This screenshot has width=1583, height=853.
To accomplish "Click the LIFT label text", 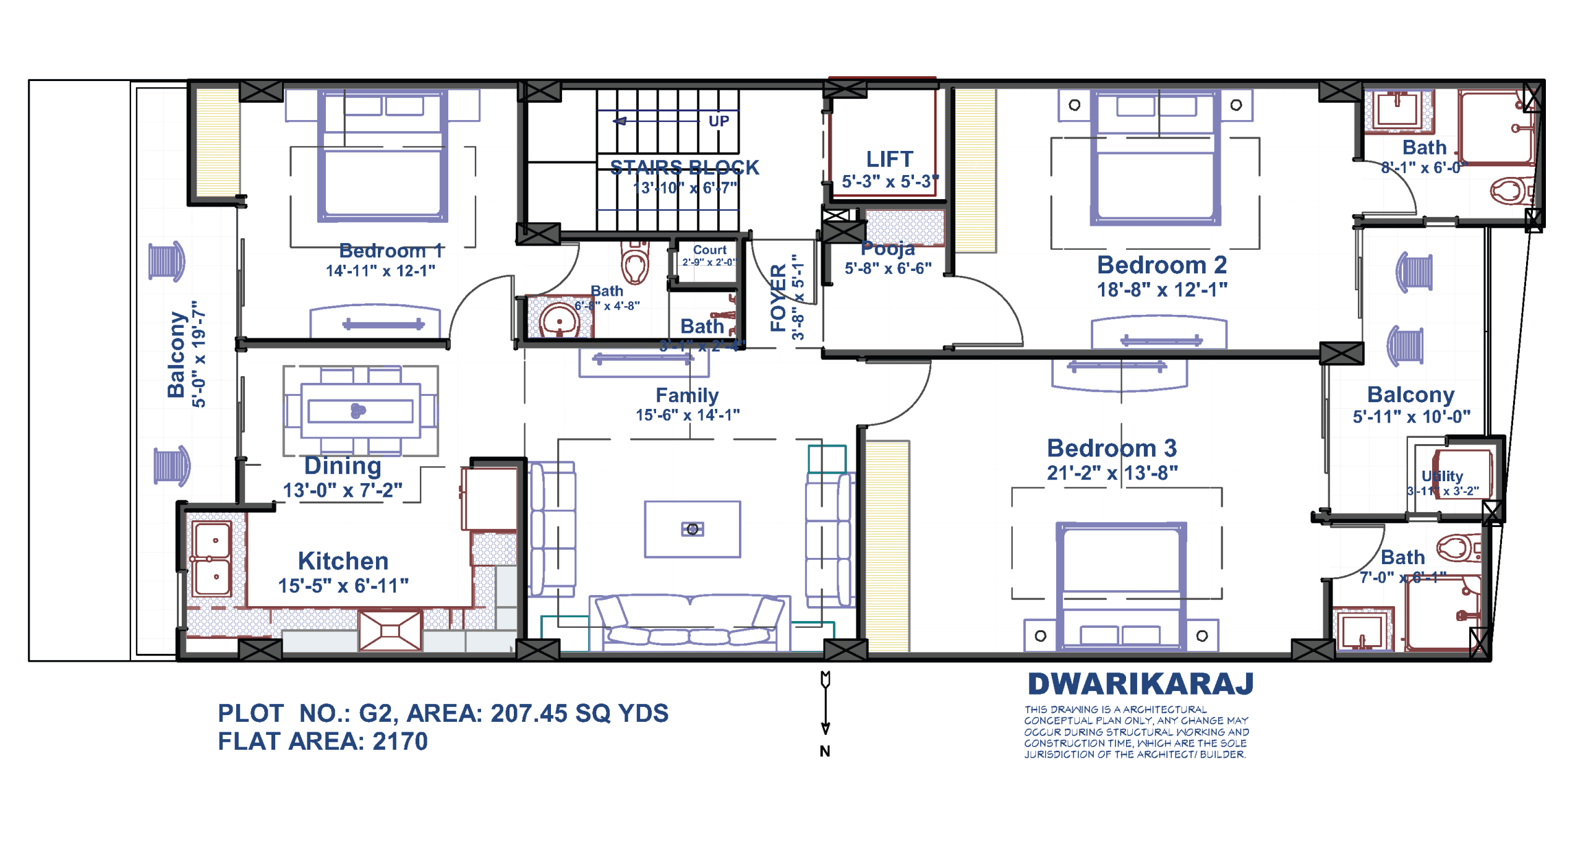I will tap(889, 160).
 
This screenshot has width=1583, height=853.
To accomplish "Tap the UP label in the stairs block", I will tap(718, 121).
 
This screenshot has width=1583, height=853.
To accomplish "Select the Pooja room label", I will tap(887, 249).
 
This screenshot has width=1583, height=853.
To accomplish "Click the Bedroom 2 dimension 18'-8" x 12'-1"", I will tap(1161, 289).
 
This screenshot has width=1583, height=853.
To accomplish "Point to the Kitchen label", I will tap(343, 561).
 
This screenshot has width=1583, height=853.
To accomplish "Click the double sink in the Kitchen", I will tap(211, 559).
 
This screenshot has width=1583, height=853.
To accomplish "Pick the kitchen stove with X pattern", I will tap(390, 630).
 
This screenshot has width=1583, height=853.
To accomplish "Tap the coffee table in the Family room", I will tap(692, 529).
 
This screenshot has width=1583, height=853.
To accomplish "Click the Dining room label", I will tap(343, 466).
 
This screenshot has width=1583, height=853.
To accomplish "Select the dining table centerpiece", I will tap(357, 411).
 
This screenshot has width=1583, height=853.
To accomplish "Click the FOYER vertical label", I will tap(777, 298).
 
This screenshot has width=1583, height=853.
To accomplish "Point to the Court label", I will tap(709, 250).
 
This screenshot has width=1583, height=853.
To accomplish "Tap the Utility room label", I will tap(1441, 476).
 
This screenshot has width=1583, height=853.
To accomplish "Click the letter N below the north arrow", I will tap(824, 751).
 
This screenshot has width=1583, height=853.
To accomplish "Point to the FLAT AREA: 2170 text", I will tap(322, 741).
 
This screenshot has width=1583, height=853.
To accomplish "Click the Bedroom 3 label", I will tap(1111, 448).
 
